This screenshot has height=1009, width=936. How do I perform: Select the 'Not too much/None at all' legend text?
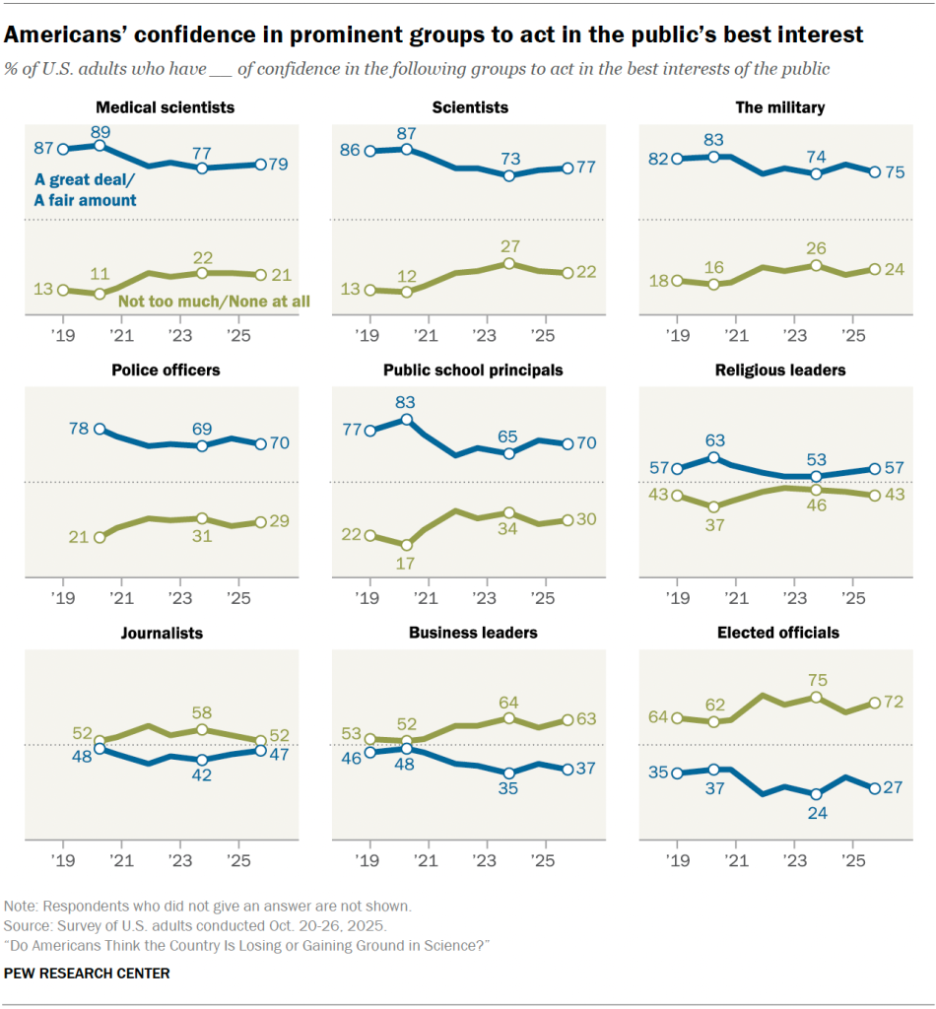coord(214,300)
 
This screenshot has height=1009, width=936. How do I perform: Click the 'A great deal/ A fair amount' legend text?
coord(86,190)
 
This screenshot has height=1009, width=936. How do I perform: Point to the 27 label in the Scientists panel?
coord(508,245)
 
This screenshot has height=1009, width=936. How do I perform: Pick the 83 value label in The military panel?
coord(714,139)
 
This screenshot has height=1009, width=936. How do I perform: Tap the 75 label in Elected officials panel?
coord(816,679)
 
